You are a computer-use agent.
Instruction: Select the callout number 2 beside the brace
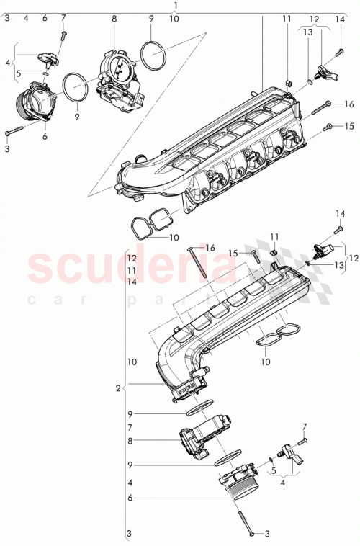pos(117,388)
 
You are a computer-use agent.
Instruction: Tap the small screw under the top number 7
pos(63,32)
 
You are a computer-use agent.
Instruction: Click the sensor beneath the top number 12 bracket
pos(326,72)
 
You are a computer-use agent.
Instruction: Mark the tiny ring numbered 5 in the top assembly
pos(45,73)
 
